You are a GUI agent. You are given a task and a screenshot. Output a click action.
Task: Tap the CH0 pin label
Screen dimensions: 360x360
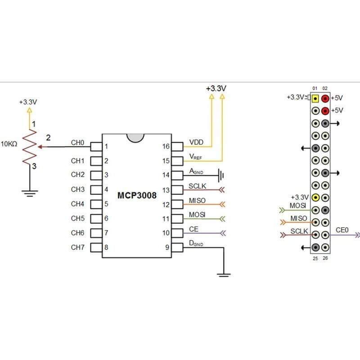[77, 143]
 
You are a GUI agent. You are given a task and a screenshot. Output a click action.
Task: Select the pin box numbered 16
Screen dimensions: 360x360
[177, 146]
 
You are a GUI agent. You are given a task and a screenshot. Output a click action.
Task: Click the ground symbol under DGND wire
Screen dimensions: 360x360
[224, 274]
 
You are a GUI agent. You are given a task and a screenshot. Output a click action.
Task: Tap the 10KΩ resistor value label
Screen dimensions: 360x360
[9, 144]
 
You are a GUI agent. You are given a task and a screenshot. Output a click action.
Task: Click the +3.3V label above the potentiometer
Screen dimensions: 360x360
[28, 102]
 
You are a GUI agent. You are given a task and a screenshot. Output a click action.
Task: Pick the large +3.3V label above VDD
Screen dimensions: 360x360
[216, 89]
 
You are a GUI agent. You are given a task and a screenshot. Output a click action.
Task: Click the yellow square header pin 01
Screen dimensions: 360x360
[315, 98]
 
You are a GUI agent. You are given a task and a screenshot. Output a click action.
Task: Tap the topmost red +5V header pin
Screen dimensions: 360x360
[325, 98]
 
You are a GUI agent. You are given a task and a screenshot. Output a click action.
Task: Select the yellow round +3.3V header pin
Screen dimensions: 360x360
[315, 197]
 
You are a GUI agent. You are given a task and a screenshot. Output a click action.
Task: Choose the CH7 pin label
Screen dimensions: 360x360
[77, 247]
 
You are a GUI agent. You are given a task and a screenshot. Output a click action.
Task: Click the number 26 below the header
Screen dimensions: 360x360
[325, 258]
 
